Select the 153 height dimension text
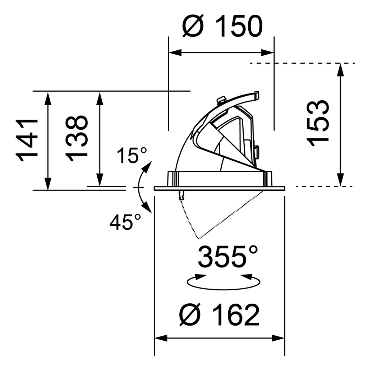(x=319, y=123)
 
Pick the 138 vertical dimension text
(x=77, y=138)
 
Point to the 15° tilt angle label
(x=132, y=156)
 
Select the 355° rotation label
(x=228, y=257)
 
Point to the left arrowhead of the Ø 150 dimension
(x=174, y=53)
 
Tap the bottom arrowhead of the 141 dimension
(x=47, y=184)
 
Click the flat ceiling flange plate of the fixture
(x=219, y=188)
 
